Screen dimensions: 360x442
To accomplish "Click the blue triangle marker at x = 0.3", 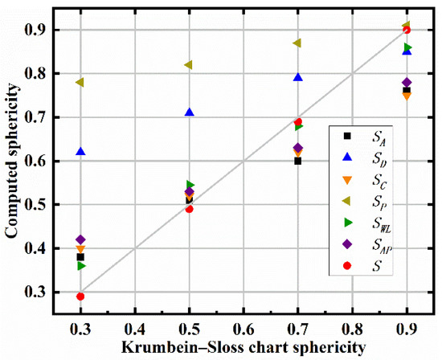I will pyautogui.click(x=80, y=152).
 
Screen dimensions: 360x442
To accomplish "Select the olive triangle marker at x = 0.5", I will pyautogui.click(x=189, y=64).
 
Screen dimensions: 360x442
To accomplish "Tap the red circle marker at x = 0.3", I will pyautogui.click(x=80, y=297).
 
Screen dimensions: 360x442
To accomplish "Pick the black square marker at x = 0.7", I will pyautogui.click(x=297, y=161).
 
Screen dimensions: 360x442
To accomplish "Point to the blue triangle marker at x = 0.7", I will pyautogui.click(x=298, y=77).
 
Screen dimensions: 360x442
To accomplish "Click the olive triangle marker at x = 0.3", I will pyautogui.click(x=80, y=82).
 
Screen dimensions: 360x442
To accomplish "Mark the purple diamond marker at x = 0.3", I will pyautogui.click(x=80, y=239).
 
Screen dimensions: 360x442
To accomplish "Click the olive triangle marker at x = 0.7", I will pyautogui.click(x=297, y=43).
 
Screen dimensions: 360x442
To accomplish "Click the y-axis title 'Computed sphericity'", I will pyautogui.click(x=12, y=161).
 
